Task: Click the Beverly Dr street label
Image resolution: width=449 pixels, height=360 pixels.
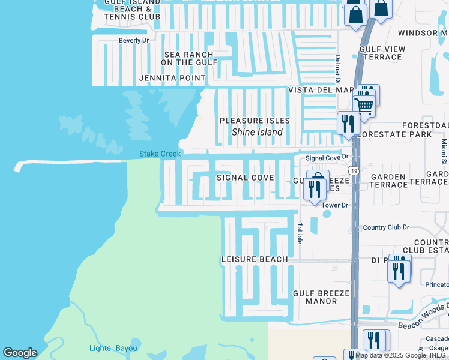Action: (x=133, y=40)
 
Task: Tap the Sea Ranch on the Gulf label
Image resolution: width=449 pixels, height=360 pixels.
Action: (x=188, y=58)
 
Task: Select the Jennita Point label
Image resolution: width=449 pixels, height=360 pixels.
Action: (x=172, y=78)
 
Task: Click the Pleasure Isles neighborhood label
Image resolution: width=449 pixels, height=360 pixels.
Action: (x=255, y=121)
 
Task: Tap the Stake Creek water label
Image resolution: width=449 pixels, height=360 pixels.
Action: (x=160, y=154)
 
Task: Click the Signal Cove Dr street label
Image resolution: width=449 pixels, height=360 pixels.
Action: (x=327, y=158)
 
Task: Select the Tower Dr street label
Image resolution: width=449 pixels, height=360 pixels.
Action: (x=335, y=205)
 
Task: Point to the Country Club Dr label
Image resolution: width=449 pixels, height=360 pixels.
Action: (x=386, y=227)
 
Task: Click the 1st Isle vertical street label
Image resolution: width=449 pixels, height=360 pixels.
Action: (x=300, y=234)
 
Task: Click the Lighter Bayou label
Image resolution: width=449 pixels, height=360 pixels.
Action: (x=113, y=348)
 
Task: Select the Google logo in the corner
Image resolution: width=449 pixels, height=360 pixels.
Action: (x=20, y=353)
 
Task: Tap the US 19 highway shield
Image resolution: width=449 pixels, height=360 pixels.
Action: (x=354, y=171)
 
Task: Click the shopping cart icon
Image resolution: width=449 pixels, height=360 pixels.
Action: (x=364, y=106)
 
